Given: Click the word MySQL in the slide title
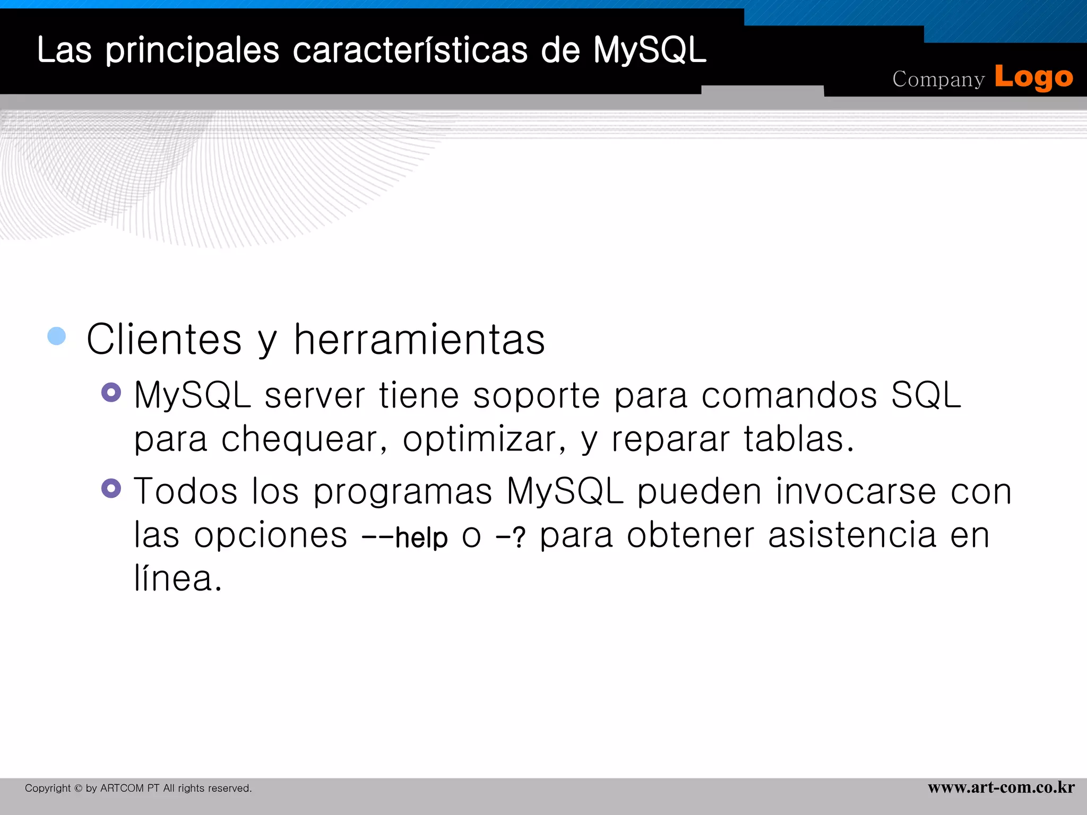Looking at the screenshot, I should click(x=649, y=50).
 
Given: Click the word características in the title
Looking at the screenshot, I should click(x=410, y=50).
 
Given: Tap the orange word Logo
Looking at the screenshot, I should click(x=1033, y=78).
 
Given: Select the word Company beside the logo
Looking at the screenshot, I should click(x=938, y=80).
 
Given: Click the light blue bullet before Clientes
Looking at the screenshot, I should click(x=57, y=336).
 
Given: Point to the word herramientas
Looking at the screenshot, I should click(x=419, y=340).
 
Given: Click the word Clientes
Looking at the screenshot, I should click(x=164, y=340).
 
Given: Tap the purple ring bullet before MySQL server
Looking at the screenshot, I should click(x=111, y=393).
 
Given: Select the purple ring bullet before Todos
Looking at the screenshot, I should click(x=111, y=488).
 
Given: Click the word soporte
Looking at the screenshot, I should click(x=536, y=396).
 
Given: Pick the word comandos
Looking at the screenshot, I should click(x=789, y=395).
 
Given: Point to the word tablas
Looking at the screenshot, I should click(x=798, y=439).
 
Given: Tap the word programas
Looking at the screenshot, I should click(x=403, y=492).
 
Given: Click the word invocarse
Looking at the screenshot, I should click(x=856, y=491).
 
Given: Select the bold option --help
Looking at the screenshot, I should click(x=404, y=537).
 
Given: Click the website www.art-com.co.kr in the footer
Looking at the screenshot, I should click(x=1001, y=787).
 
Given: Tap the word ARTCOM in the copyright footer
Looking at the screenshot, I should click(x=122, y=788).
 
